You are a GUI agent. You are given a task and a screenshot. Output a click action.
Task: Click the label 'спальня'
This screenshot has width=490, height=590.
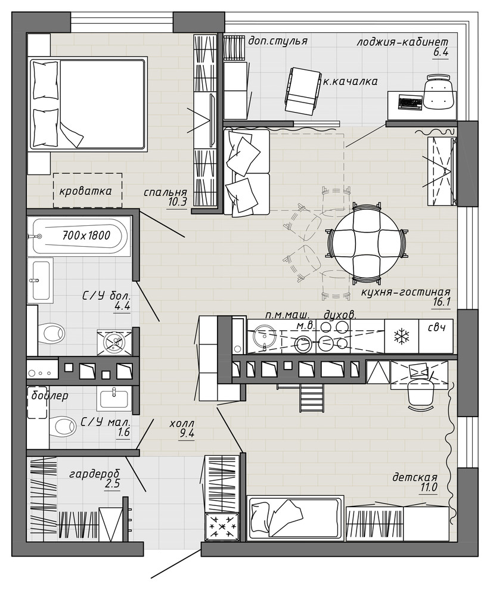click(x=165, y=192)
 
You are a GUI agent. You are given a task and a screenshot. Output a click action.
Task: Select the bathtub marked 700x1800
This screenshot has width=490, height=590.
click(x=77, y=237)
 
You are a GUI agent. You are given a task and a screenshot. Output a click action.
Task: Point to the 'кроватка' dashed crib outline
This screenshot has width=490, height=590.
click(x=87, y=190)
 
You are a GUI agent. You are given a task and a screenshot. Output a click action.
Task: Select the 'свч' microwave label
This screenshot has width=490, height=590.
click(x=437, y=327)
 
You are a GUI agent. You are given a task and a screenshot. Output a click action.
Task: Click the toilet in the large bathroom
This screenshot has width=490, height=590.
click(x=52, y=333)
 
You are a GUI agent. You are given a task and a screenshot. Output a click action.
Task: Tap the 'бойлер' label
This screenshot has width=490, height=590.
click(x=49, y=396)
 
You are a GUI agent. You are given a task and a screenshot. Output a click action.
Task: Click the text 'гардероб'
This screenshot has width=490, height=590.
click(x=95, y=473)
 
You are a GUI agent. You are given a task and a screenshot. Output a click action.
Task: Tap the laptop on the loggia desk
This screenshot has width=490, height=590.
click(x=410, y=102)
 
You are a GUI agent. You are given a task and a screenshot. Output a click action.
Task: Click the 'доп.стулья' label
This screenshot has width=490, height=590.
click(x=278, y=41)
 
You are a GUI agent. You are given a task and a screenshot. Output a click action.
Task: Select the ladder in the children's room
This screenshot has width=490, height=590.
click(x=312, y=398)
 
